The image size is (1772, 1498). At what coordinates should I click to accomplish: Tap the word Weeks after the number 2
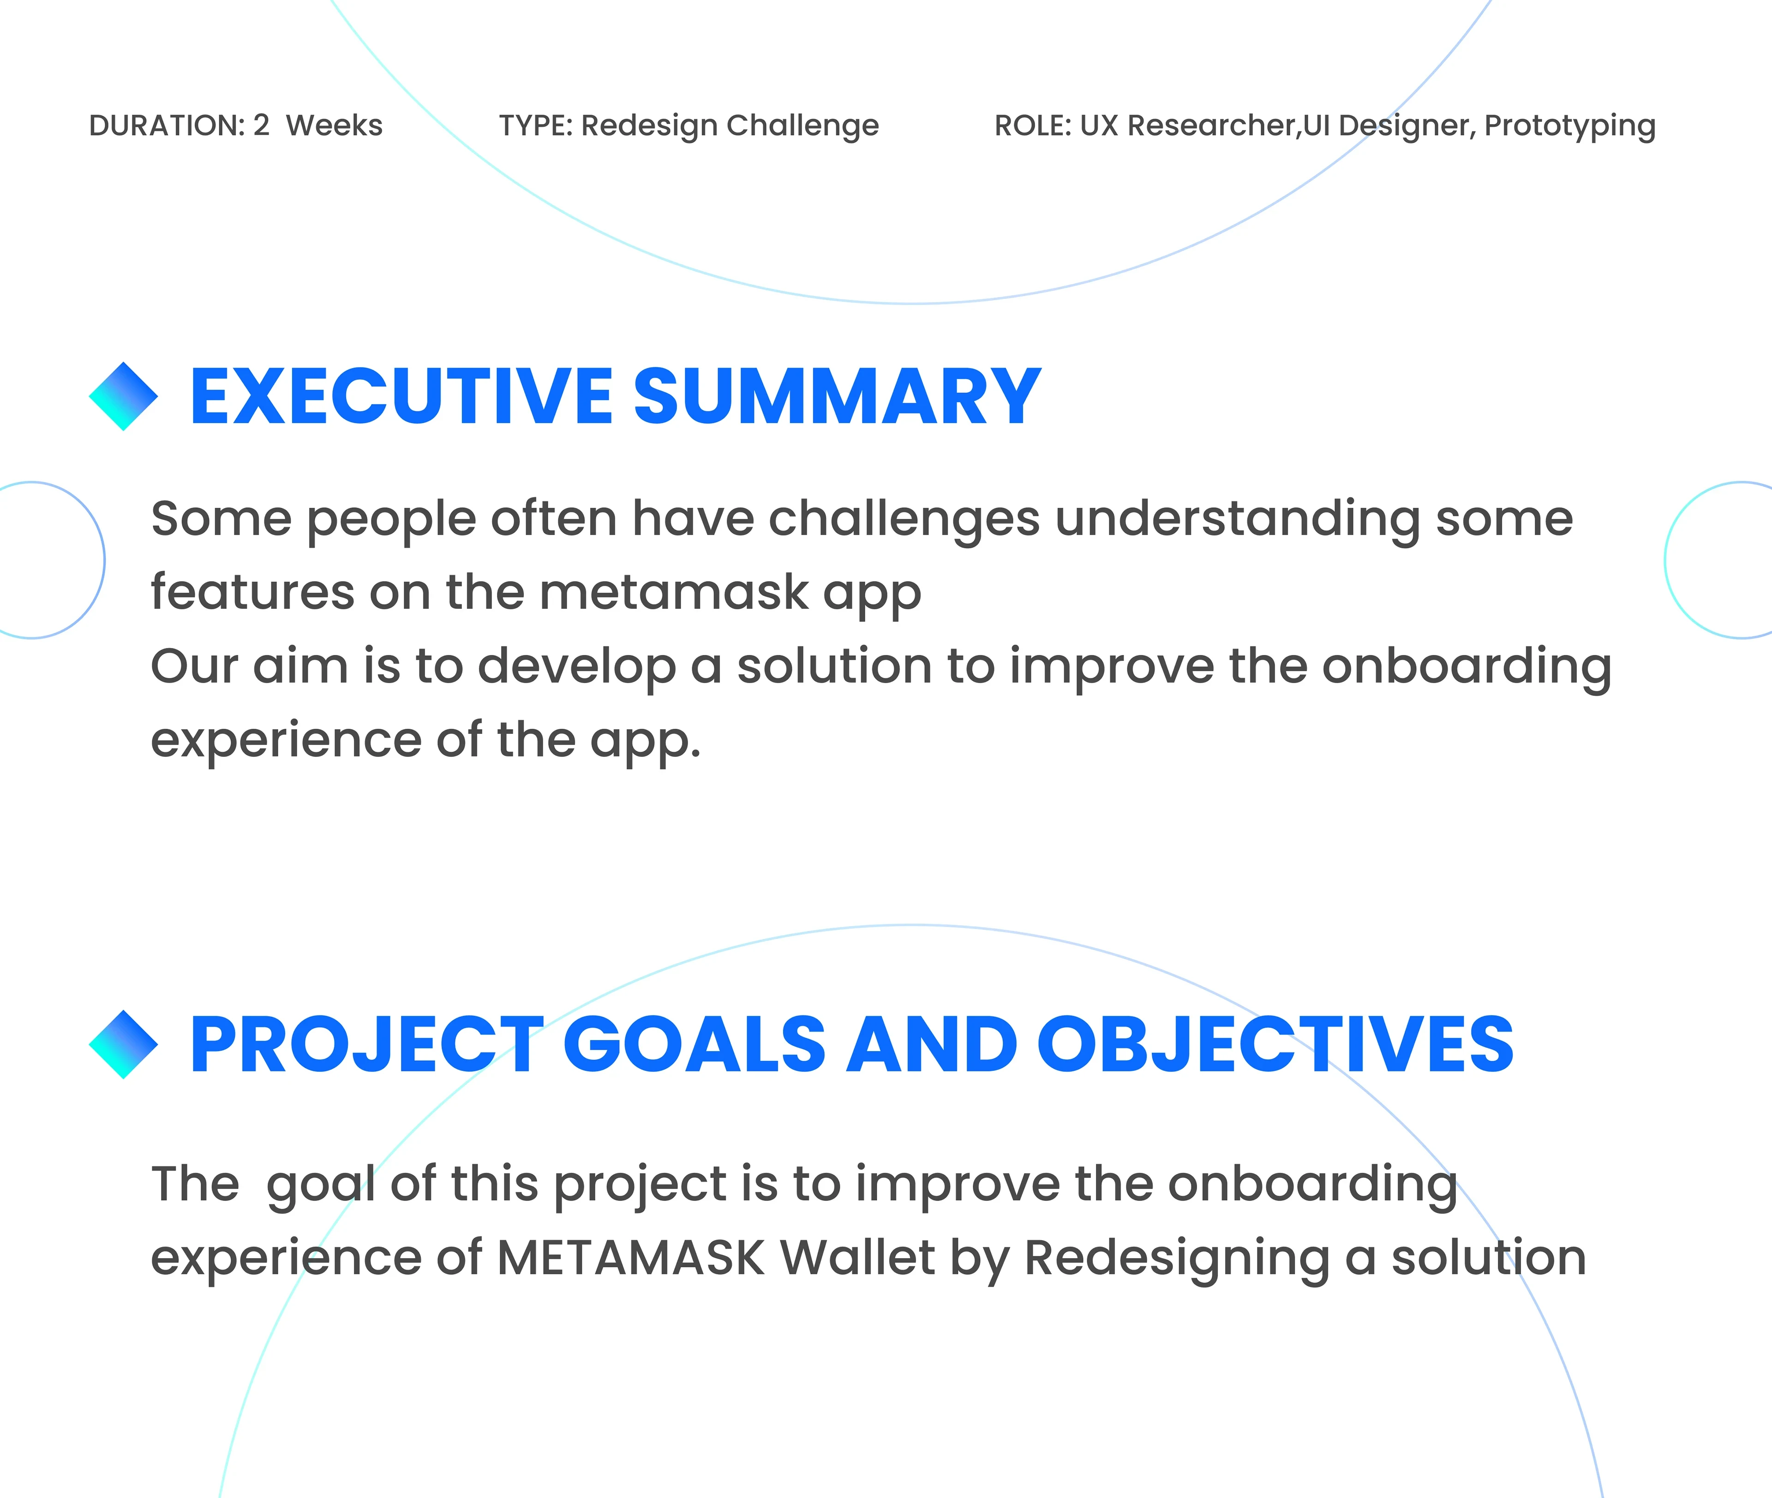pos(334,126)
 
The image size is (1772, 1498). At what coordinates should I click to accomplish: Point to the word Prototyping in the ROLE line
pos(1570,126)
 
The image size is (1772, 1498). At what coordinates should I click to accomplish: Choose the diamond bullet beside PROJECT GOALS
pos(123,1045)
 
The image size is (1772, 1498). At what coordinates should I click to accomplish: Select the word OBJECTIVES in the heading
pos(1276,1045)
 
